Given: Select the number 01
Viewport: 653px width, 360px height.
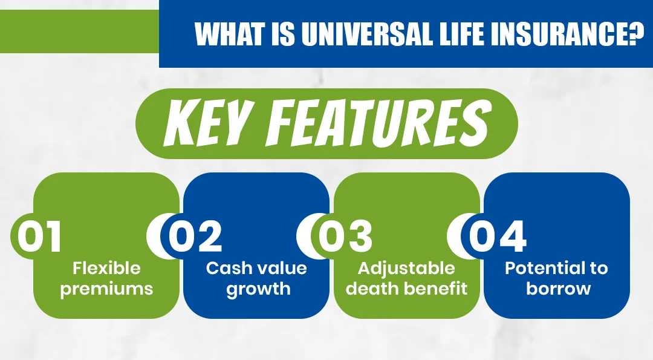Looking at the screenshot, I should pyautogui.click(x=40, y=237).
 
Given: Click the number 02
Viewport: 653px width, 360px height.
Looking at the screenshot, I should pyautogui.click(x=195, y=237).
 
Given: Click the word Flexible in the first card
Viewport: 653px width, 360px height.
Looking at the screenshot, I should pyautogui.click(x=106, y=268).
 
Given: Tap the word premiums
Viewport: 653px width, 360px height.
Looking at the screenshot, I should pyautogui.click(x=106, y=289).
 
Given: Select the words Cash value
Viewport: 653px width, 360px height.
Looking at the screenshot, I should pyautogui.click(x=256, y=268).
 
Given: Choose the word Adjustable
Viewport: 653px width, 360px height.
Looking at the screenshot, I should pyautogui.click(x=406, y=268).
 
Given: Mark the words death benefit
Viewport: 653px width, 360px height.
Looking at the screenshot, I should pyautogui.click(x=406, y=289).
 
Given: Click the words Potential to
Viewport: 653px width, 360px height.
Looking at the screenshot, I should pyautogui.click(x=556, y=268).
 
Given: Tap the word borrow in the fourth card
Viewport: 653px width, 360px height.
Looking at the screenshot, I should pyautogui.click(x=556, y=289).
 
